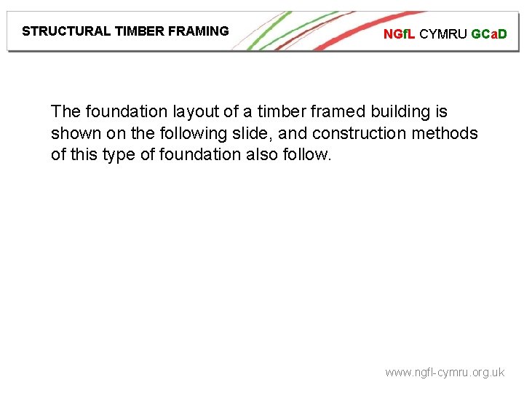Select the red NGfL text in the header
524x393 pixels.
point(400,34)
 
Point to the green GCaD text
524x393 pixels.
point(488,34)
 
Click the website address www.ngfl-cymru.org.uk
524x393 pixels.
point(444,372)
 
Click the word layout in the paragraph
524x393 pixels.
point(191,112)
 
